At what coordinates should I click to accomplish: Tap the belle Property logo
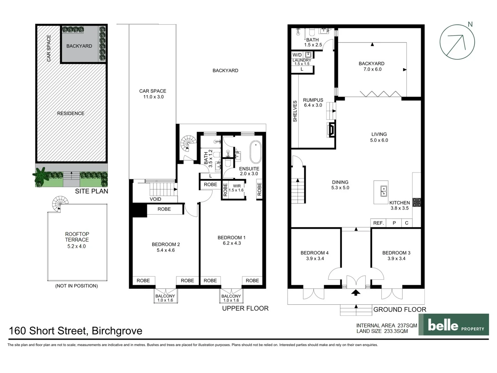[454, 325]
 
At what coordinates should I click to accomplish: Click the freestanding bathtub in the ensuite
[255, 152]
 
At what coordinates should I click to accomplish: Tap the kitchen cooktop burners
[417, 202]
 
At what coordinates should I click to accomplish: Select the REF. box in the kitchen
[378, 223]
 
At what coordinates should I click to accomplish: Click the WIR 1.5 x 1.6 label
[236, 188]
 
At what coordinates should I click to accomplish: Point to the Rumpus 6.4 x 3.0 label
[313, 103]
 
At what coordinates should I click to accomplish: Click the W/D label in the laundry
[297, 55]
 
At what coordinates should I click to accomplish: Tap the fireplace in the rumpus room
[330, 130]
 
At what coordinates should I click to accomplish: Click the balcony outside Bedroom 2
[165, 298]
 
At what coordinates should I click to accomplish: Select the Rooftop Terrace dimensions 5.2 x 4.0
[77, 246]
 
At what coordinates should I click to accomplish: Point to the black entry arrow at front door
[355, 293]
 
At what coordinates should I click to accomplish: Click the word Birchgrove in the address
[117, 331]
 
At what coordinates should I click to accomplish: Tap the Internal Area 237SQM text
[387, 325]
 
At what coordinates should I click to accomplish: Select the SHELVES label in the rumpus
[295, 111]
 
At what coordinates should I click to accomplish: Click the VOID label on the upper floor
[155, 199]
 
